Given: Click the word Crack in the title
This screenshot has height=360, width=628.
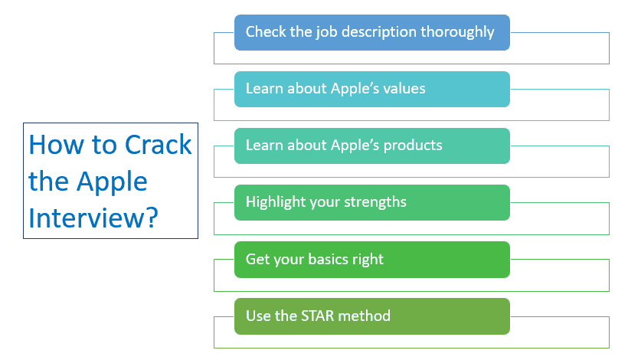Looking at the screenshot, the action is (x=159, y=144).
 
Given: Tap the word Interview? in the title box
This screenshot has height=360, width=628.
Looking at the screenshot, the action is (x=93, y=218).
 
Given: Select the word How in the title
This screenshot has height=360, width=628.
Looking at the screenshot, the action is (x=57, y=144).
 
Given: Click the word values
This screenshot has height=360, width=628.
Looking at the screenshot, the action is (x=404, y=89).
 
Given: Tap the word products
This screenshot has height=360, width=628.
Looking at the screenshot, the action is (x=413, y=146).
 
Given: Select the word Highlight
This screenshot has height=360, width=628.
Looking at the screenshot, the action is (x=276, y=202).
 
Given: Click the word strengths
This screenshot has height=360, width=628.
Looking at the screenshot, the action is (x=375, y=201).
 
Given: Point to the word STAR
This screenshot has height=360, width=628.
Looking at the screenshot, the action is (x=318, y=316).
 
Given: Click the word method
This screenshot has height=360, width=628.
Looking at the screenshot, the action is (x=364, y=316).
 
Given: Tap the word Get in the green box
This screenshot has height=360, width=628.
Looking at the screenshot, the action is (x=257, y=259).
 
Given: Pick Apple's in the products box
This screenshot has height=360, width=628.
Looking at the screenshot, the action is (x=355, y=146).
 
